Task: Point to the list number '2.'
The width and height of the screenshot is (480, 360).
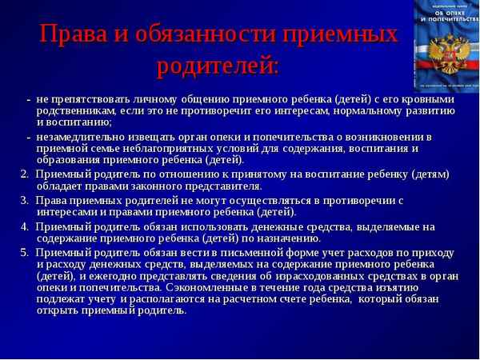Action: click(x=25, y=174)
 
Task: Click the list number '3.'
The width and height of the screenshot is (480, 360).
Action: click(x=25, y=200)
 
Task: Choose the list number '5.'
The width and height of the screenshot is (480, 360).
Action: click(x=25, y=252)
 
